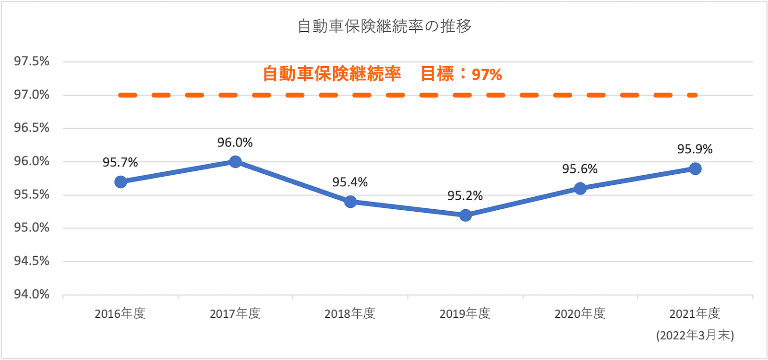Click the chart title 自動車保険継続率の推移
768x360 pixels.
[384, 26]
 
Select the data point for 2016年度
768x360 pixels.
[120, 182]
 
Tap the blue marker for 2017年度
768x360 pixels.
[235, 162]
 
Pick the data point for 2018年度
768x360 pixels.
[350, 202]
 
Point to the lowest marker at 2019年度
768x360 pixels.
[465, 216]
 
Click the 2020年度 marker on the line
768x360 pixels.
[580, 189]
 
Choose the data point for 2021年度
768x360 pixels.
[695, 168]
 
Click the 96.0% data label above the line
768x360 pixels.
[235, 143]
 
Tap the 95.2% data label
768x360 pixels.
[465, 196]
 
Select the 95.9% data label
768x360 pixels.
[695, 149]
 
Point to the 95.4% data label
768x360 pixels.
[350, 182]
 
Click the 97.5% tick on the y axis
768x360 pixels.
[32, 61]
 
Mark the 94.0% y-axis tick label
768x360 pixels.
[32, 294]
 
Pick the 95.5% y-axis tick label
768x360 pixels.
[32, 194]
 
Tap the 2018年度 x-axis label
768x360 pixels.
[350, 314]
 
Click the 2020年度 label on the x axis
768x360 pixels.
[580, 314]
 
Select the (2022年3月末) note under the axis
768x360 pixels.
[695, 335]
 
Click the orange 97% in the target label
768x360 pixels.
[487, 74]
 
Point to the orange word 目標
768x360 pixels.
[437, 74]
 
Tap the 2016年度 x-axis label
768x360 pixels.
[120, 314]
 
